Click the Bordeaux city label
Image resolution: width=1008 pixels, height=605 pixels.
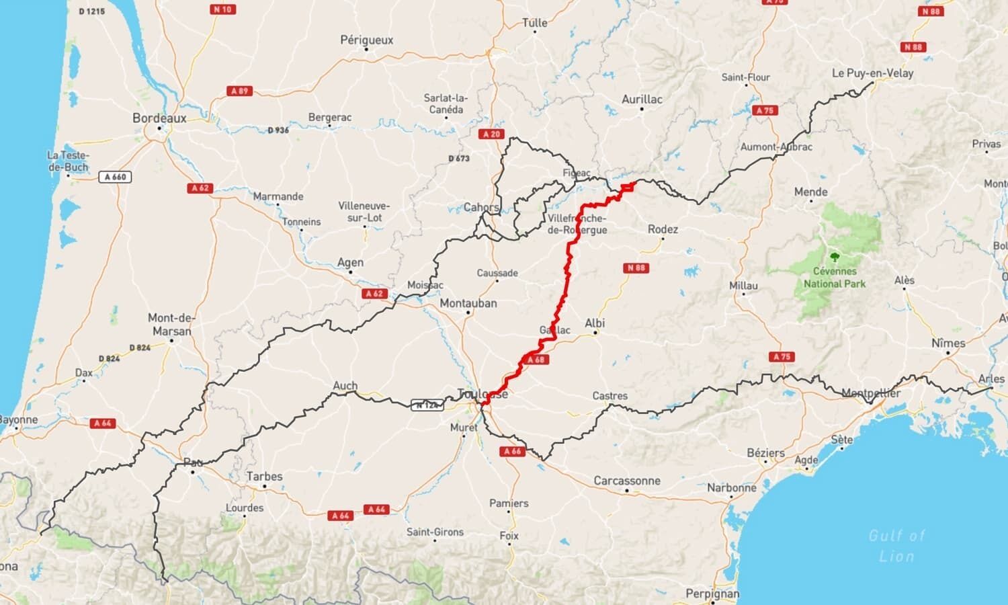pos(159,118)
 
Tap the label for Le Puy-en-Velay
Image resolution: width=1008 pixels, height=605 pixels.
pos(872,73)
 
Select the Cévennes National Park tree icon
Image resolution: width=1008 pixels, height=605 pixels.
pos(835,257)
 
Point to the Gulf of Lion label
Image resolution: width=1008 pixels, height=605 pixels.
pos(896,545)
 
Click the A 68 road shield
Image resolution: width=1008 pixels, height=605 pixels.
pos(536,360)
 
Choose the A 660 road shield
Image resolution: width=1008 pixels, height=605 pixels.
pos(115,177)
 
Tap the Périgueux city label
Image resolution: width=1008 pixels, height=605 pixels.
pos(366,40)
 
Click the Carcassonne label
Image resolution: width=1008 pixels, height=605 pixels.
pos(626,481)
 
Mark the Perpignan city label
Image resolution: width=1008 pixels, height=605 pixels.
pos(712,594)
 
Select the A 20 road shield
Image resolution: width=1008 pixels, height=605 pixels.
pos(492,134)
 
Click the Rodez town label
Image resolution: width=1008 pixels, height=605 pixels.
pos(663,229)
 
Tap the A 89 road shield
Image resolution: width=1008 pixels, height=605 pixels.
pos(240,91)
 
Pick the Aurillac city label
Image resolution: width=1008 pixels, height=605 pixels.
pos(641,99)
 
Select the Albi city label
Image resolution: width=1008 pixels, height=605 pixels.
pos(595,323)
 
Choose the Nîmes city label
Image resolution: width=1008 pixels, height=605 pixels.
pos(948,343)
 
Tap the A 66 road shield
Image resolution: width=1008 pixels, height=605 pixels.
pos(512,451)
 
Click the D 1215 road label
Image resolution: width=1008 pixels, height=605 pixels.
pos(91,11)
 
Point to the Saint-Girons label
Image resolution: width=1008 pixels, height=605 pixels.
pos(435,532)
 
